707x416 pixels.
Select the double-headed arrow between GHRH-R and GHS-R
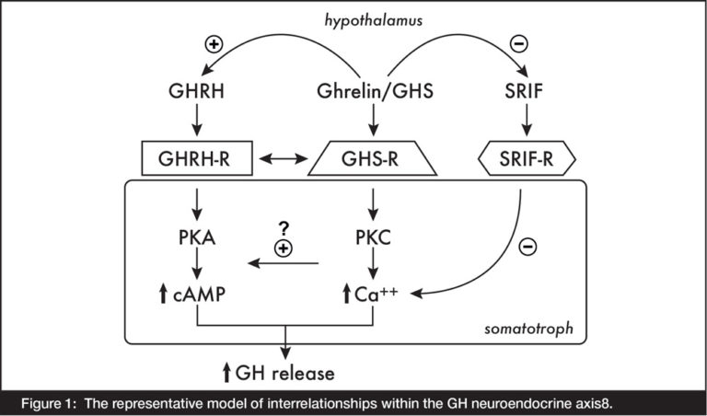click(x=283, y=160)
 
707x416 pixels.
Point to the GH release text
click(x=279, y=373)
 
